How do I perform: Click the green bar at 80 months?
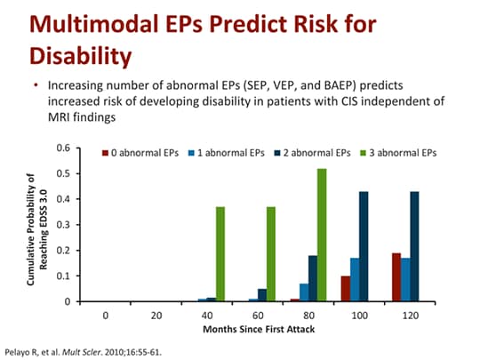tap(322, 235)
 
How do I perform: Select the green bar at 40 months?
tap(220, 254)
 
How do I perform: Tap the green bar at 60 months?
tap(271, 254)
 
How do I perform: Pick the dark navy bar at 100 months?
tap(364, 246)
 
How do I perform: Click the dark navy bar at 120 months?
tap(413, 246)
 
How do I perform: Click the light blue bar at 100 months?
tap(354, 280)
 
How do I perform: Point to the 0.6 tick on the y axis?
tap(63, 148)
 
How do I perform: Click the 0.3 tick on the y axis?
tap(63, 225)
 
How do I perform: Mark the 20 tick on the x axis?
tap(156, 316)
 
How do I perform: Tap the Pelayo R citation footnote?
tap(84, 351)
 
